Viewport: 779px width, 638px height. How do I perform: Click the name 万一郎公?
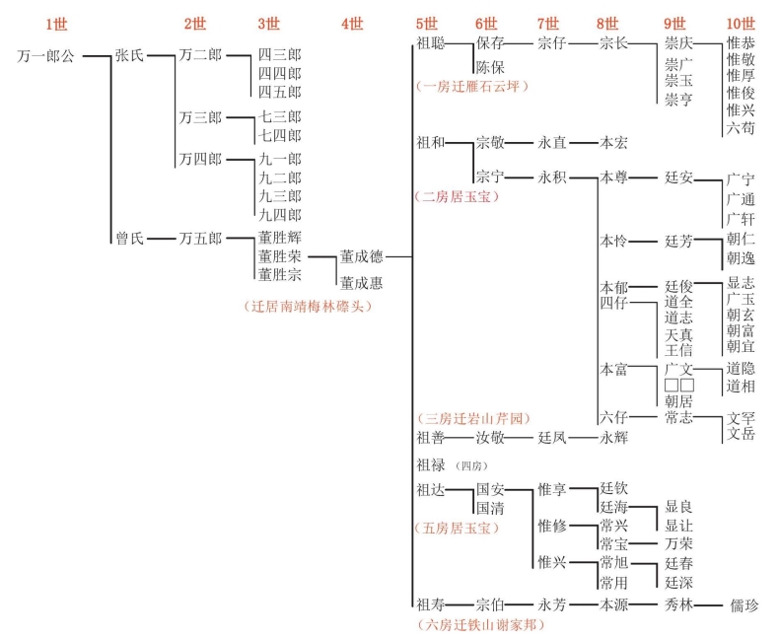[46, 56]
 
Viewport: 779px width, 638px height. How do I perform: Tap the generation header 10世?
[741, 24]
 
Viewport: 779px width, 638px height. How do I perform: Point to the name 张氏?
[129, 56]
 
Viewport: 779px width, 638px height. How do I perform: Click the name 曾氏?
[129, 238]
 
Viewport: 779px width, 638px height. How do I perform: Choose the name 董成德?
[362, 257]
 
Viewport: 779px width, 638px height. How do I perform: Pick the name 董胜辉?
[280, 238]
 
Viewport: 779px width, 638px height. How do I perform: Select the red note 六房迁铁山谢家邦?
[480, 624]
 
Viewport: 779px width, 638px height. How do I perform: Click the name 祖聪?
[431, 43]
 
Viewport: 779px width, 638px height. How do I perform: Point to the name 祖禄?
[431, 464]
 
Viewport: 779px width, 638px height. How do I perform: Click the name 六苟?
[741, 127]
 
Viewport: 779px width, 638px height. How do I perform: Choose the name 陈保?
[490, 67]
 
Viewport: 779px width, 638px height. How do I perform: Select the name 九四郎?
[280, 215]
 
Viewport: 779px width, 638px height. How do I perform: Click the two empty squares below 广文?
[678, 385]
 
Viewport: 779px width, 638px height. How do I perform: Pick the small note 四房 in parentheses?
[472, 465]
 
